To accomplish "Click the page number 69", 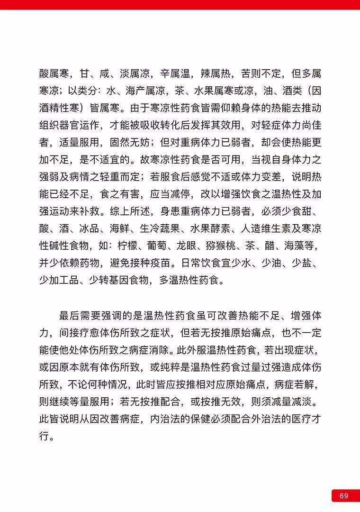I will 344,495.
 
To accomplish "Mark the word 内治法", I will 163,419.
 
